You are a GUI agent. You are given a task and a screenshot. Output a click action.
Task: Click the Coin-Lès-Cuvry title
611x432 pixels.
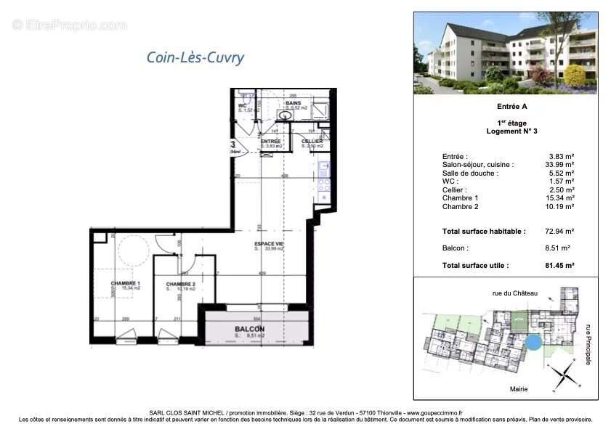click(x=195, y=58)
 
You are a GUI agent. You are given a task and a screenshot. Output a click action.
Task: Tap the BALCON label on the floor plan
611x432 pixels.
click(x=249, y=329)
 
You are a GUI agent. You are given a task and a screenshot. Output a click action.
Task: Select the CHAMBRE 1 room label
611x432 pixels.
click(x=125, y=283)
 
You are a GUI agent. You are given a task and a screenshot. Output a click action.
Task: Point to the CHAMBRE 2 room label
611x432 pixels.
click(x=181, y=284)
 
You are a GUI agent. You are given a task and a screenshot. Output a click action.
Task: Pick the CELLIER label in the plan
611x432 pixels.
click(x=312, y=141)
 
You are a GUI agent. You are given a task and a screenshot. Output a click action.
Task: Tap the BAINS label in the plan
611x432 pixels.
click(x=293, y=104)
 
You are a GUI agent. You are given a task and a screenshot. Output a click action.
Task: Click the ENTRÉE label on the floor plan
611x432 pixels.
click(x=271, y=141)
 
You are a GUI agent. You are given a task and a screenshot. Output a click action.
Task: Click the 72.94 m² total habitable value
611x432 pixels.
click(x=560, y=232)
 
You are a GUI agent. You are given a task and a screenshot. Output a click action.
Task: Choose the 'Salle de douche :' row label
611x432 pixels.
click(x=470, y=174)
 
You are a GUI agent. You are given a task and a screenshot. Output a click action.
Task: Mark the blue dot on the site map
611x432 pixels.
click(x=533, y=343)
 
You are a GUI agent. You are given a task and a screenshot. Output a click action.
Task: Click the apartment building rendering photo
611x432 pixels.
click(x=506, y=53)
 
